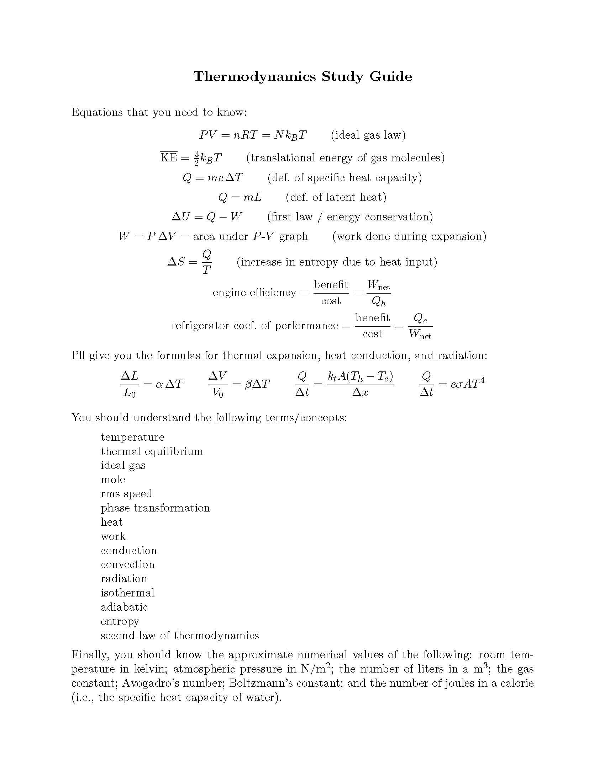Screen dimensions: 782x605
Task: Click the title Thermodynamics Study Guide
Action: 302,77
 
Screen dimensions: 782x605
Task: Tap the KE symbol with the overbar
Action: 168,157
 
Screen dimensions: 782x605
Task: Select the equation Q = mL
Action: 240,197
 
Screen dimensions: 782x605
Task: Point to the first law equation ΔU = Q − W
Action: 207,217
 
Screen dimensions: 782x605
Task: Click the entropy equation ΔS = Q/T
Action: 189,262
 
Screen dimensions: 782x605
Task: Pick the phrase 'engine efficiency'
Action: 254,293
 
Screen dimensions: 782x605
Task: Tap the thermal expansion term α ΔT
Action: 169,384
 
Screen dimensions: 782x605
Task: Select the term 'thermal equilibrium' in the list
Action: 152,451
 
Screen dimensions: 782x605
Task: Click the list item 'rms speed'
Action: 126,494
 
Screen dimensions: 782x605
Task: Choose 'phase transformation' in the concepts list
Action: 155,508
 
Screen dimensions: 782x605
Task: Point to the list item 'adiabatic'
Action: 124,607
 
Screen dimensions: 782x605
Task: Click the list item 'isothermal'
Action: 127,593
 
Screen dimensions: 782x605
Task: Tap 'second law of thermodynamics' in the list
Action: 180,635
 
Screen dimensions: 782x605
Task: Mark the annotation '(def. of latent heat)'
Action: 336,197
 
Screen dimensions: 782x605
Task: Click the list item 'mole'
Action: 113,480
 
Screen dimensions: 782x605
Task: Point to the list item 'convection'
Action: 128,564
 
